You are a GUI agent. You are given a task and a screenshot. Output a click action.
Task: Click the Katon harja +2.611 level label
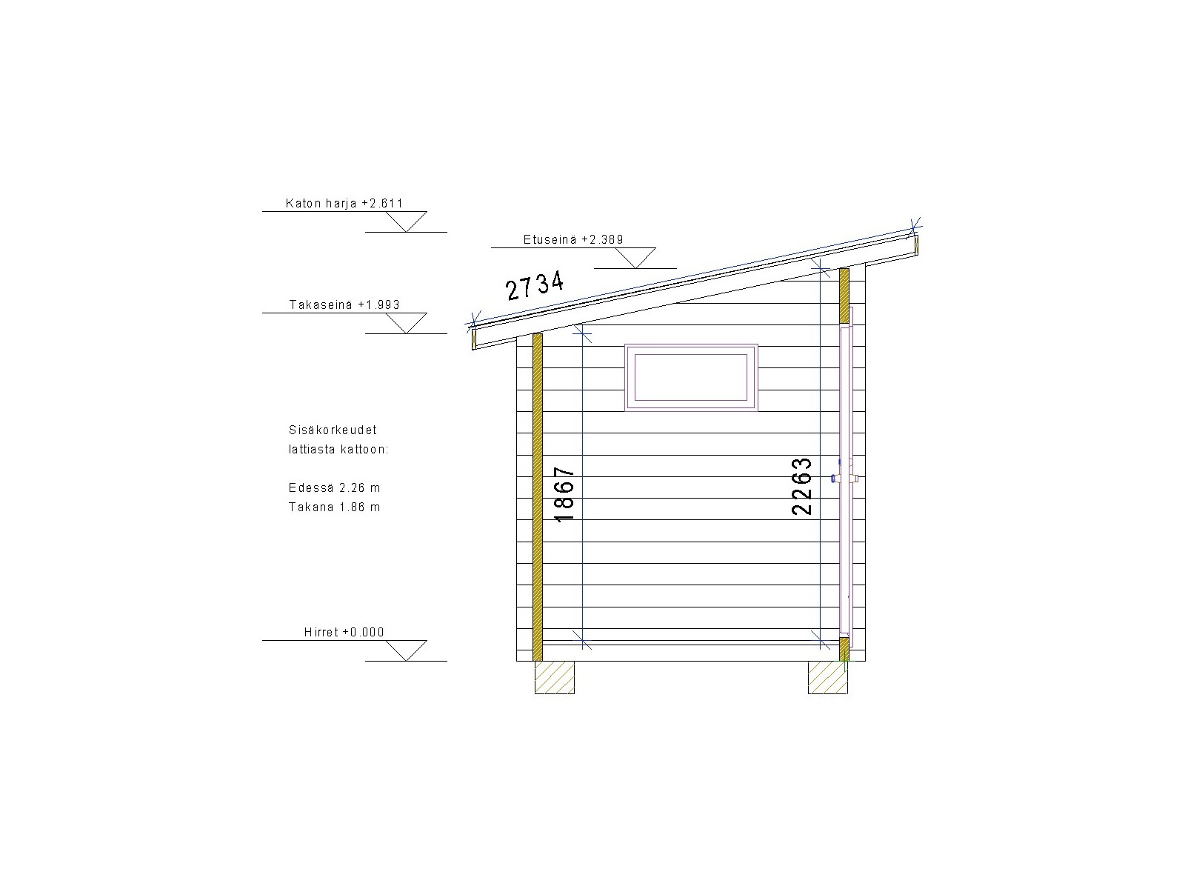pos(344,204)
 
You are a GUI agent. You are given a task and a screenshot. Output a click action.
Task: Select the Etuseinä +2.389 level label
pos(573,239)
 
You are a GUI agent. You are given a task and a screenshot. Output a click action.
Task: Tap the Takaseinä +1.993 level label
pos(344,305)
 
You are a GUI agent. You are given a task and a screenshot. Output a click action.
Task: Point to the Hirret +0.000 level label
pos(344,632)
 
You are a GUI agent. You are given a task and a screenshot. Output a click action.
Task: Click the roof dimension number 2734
pos(535,285)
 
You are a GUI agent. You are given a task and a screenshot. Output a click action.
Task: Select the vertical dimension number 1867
pos(564,495)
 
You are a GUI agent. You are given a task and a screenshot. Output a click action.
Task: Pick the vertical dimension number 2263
pos(801,486)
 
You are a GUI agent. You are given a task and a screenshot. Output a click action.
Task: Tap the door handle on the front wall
pos(846,478)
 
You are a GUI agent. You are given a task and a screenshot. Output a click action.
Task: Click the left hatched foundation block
pos(555,677)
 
